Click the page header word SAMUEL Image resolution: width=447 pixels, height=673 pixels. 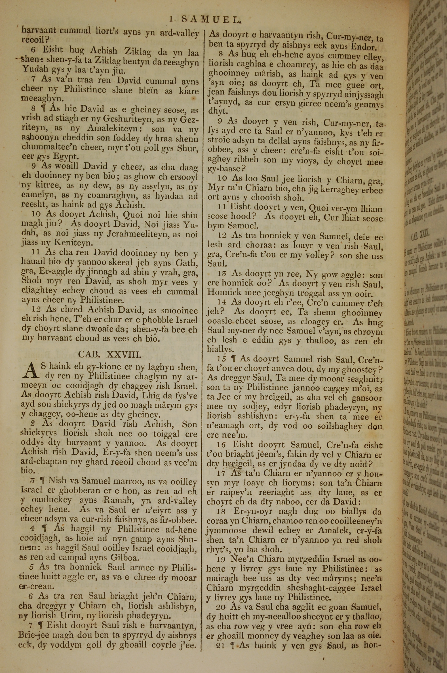tap(211, 20)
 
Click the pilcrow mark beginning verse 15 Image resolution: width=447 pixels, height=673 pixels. tap(234, 359)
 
